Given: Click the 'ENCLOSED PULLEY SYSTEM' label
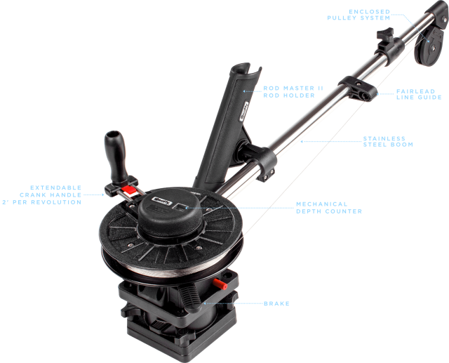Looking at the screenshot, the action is coord(358,15).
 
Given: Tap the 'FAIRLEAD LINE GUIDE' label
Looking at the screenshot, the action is coord(419,94).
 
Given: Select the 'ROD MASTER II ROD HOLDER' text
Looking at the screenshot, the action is coord(293,92).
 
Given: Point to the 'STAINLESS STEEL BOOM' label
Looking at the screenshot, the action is coord(388,142).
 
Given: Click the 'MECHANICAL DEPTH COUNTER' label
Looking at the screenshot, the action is coord(329,208).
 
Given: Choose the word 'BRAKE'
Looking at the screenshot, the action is coord(276,303).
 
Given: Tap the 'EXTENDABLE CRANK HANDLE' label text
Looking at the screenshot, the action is coord(42,194).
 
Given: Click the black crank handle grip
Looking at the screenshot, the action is coord(116,156).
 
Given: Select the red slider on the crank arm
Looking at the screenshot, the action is coord(129,190).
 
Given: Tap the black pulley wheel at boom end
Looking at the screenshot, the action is coord(429,46).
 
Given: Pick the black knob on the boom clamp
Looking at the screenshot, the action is coord(385,34).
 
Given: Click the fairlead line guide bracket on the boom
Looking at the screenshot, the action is coord(358,88).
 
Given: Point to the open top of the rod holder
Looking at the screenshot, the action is coord(246,69).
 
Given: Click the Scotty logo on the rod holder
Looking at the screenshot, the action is coord(246,111).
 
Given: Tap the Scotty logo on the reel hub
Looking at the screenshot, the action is coord(162,201).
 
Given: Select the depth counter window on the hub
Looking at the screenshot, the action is coord(181,207).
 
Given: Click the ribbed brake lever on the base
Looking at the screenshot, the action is coord(190,298).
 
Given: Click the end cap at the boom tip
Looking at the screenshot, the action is coord(438,12).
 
